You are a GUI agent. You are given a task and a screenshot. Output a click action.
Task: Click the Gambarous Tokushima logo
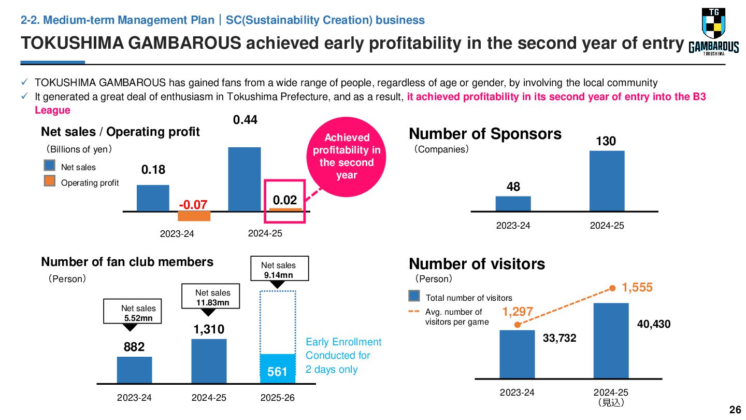pyautogui.click(x=714, y=32)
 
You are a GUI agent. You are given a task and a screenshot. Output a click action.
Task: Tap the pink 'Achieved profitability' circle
pyautogui.click(x=347, y=157)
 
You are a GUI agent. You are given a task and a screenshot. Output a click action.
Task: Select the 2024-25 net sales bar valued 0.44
pyautogui.click(x=245, y=179)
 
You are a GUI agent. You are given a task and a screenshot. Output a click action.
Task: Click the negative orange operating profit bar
pyautogui.click(x=194, y=216)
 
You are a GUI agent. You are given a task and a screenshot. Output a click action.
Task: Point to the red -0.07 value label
pyautogui.click(x=193, y=204)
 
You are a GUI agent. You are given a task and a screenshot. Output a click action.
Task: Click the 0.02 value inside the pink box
pyautogui.click(x=285, y=200)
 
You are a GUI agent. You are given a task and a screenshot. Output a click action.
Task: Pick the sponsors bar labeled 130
pyautogui.click(x=607, y=181)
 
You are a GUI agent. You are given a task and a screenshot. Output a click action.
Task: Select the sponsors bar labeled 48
pyautogui.click(x=513, y=204)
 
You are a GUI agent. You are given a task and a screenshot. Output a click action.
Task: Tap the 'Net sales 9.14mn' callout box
pyautogui.click(x=279, y=269)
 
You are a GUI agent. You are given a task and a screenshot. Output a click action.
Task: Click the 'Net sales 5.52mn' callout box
pyautogui.click(x=132, y=311)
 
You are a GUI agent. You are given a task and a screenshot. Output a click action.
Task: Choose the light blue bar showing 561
pyautogui.click(x=278, y=369)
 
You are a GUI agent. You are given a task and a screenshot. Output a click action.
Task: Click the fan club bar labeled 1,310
pyautogui.click(x=209, y=361)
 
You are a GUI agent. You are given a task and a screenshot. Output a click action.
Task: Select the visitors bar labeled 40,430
pyautogui.click(x=611, y=341)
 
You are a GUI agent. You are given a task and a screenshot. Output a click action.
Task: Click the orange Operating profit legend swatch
pyautogui.click(x=50, y=181)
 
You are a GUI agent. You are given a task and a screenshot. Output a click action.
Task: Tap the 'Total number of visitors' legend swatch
pyautogui.click(x=414, y=296)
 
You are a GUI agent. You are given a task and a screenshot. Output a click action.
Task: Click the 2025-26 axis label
pyautogui.click(x=278, y=398)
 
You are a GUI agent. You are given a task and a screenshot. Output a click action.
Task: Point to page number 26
pyautogui.click(x=735, y=410)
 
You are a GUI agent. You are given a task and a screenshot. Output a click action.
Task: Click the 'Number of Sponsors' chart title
pyautogui.click(x=485, y=134)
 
